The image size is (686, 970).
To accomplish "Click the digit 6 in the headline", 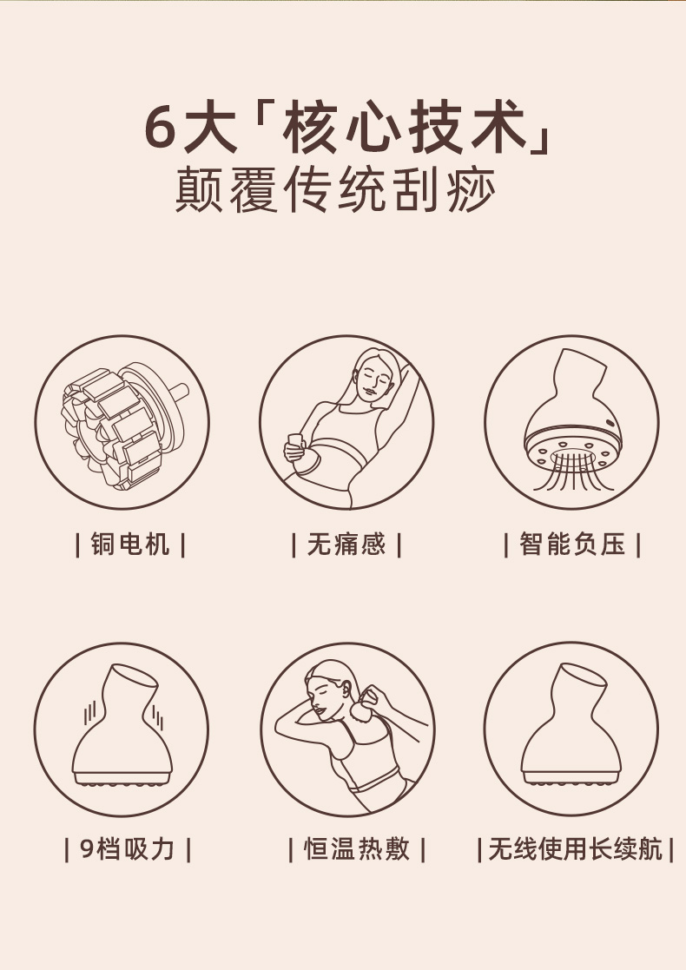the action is click(x=161, y=128).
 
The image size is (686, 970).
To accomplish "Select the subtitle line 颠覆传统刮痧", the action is click(x=336, y=189).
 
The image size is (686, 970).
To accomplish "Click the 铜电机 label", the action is click(x=130, y=544).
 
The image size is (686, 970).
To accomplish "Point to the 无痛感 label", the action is click(x=346, y=544).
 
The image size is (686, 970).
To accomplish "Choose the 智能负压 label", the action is click(x=572, y=544).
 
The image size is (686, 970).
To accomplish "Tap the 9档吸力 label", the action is click(x=128, y=848).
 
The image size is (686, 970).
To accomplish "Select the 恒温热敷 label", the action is click(x=356, y=848).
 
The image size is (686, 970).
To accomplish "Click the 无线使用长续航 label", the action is click(x=575, y=848).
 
